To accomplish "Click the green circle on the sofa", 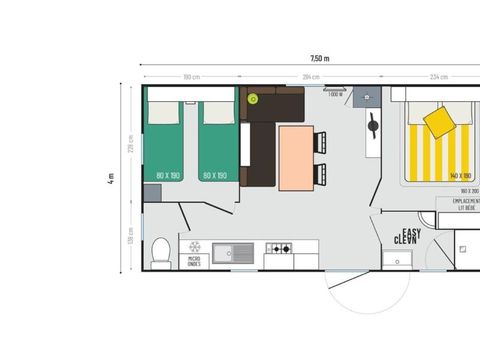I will [253, 99].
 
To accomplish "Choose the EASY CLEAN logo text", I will [404, 238].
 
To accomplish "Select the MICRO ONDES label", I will [194, 263].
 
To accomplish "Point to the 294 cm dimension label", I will [311, 77].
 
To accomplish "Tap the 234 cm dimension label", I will [437, 77].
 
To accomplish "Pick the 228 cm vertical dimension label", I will [130, 142].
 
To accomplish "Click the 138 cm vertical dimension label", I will [130, 239].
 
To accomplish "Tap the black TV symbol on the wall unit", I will [373, 128].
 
